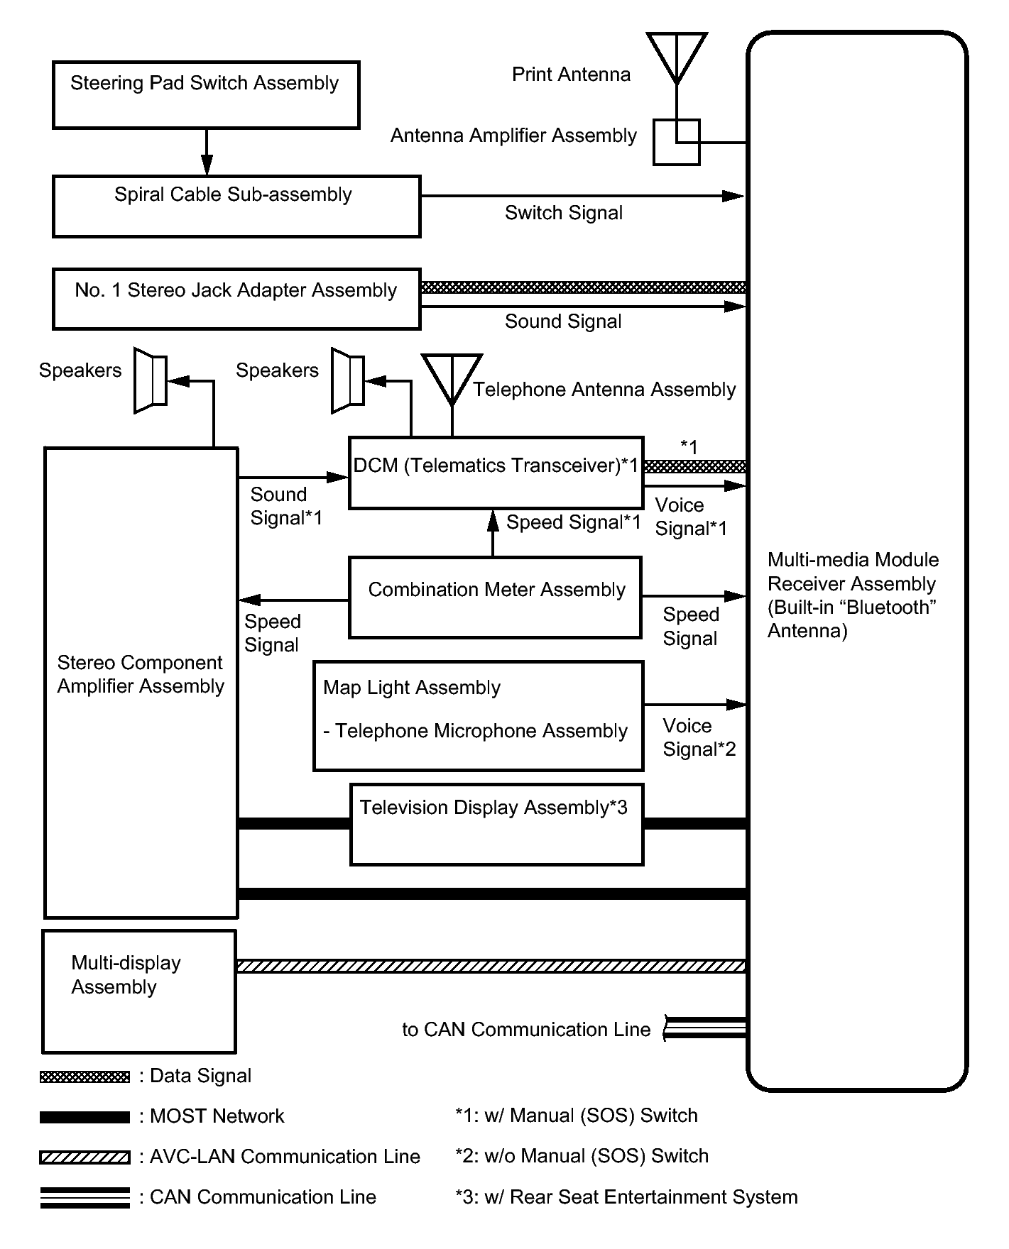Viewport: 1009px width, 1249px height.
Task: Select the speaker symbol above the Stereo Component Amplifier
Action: (151, 380)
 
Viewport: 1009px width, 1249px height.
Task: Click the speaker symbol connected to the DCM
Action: (348, 380)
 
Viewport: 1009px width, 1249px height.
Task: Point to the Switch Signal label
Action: (564, 213)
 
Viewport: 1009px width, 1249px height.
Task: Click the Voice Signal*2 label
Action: (699, 737)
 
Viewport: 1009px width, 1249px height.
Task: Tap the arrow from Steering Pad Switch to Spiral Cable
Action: (207, 152)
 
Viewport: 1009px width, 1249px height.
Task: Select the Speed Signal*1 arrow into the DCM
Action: (492, 533)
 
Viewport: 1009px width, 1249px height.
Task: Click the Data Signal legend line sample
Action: (85, 1077)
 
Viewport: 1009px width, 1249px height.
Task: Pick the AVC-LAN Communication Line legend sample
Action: (85, 1157)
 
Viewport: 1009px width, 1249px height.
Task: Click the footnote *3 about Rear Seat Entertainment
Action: (626, 1197)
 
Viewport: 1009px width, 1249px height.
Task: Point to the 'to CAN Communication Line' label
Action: (526, 1030)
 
